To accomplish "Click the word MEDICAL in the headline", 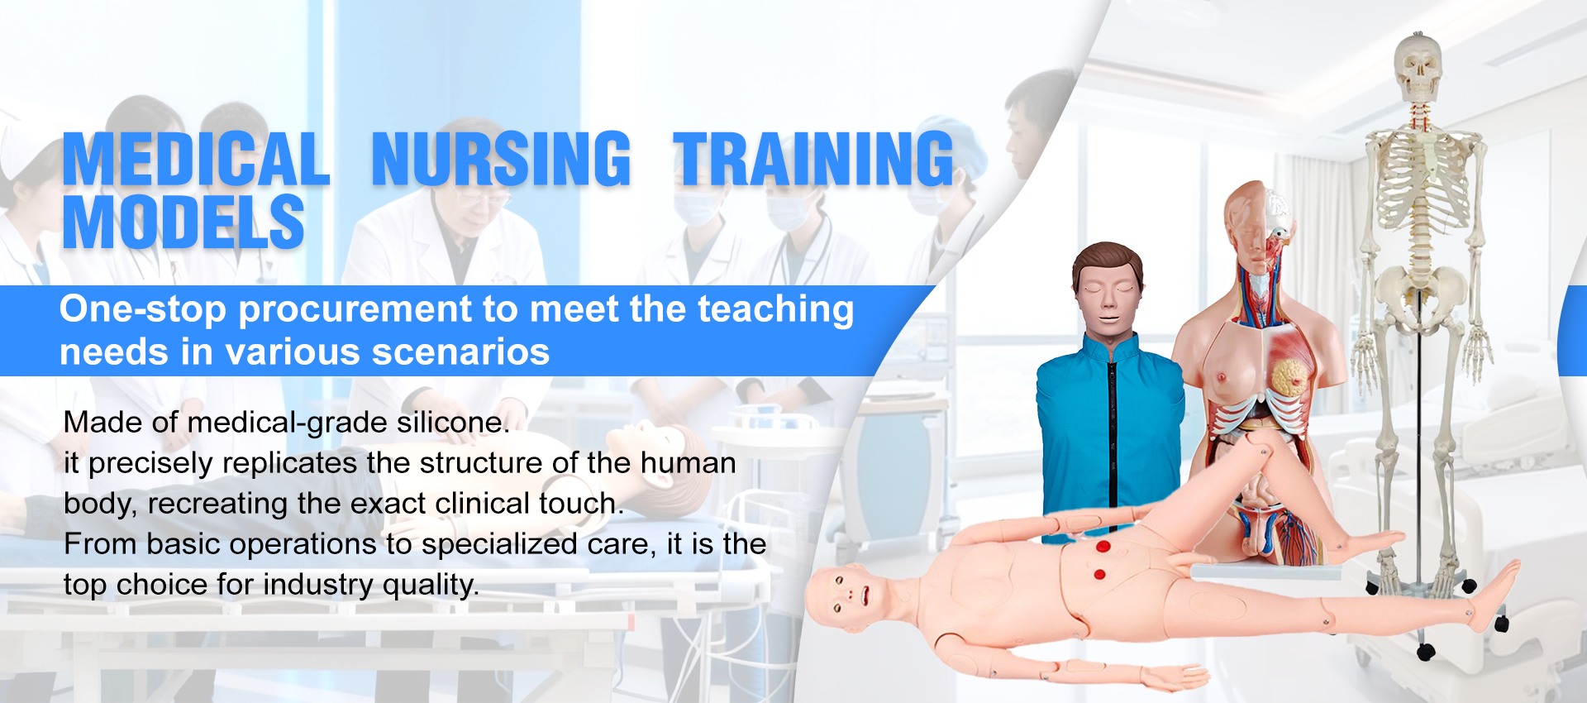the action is pyautogui.click(x=197, y=159).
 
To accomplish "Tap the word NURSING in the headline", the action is pyautogui.click(x=501, y=159).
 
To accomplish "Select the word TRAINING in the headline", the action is pyautogui.click(x=813, y=159).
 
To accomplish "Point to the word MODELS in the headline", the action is pyautogui.click(x=183, y=222).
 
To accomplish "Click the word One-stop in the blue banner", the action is pyautogui.click(x=143, y=309).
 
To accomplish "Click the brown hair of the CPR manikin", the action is pyautogui.click(x=1108, y=263).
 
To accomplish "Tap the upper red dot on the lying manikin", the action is pyautogui.click(x=1103, y=547).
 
